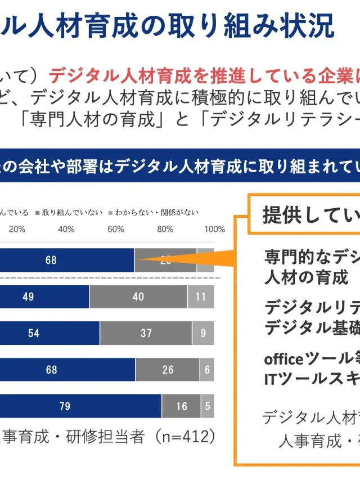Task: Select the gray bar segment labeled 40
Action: pos(138,297)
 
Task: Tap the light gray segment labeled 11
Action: pos(201,297)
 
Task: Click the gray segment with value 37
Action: pos(146,333)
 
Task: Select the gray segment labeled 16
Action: pos(181,406)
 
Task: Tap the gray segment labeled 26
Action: pos(168,370)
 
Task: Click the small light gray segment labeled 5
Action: pos(208,406)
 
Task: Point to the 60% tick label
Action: pos(116,229)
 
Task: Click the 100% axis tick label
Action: pos(214,229)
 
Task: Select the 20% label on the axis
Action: pos(17,229)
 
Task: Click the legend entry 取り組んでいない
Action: pos(71,213)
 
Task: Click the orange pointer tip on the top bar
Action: pos(139,259)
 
